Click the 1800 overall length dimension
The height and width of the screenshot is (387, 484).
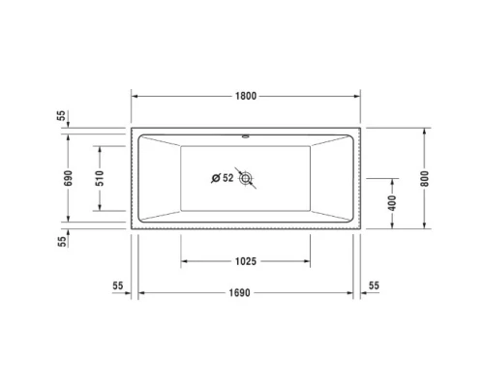pos(246,96)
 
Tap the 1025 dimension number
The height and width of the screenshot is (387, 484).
pos(246,262)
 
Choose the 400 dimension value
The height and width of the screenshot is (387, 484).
pos(392,203)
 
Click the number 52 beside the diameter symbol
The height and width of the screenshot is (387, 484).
pos(227,178)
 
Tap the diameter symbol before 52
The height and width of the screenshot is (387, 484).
pos(215,178)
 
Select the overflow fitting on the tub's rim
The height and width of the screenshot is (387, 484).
pos(246,136)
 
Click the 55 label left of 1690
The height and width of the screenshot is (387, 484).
pos(118,286)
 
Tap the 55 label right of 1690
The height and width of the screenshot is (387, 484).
pos(376,286)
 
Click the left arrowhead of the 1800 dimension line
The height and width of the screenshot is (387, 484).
pos(136,96)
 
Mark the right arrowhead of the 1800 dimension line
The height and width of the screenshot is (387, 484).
pos(356,96)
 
